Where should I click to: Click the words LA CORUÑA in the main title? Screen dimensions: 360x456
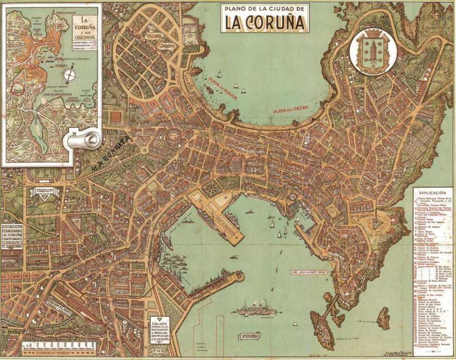point(265,23)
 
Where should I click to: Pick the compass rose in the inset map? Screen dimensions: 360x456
point(69,74)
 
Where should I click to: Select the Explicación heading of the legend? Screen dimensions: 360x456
point(432,193)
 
